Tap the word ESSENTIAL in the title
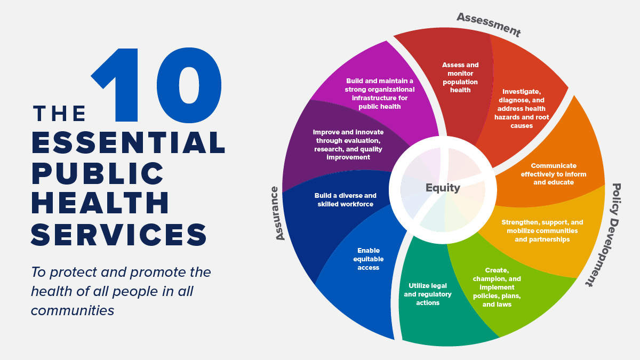(x=128, y=142)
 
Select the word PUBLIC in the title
(x=98, y=173)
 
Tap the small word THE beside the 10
(x=59, y=114)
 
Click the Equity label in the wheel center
(x=443, y=188)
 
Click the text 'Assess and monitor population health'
(x=460, y=77)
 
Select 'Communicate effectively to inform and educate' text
(x=553, y=174)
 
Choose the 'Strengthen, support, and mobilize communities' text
(x=542, y=231)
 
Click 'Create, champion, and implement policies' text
(x=497, y=287)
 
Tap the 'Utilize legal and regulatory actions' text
(x=427, y=294)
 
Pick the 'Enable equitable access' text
(x=368, y=259)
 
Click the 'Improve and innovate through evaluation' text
(x=348, y=144)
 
